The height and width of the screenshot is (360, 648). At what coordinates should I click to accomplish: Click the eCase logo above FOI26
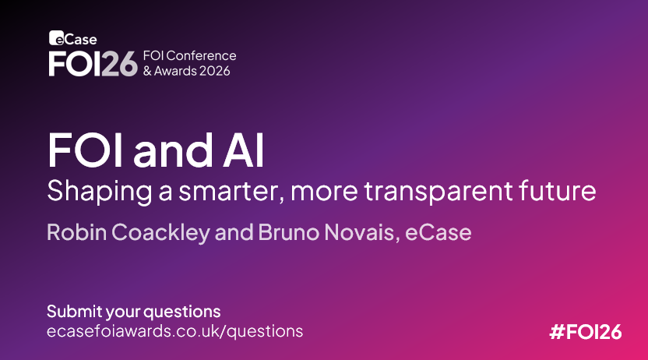point(73,38)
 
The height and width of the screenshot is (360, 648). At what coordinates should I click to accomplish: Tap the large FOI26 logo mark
point(93,64)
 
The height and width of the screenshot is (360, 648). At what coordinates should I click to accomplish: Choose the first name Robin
point(76,232)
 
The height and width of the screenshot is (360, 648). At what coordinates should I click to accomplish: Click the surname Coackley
point(160,233)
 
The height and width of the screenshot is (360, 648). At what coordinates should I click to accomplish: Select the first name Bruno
point(288,232)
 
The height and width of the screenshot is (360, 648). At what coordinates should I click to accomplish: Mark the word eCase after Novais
point(438,232)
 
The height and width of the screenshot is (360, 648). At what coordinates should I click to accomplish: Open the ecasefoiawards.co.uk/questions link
point(174,331)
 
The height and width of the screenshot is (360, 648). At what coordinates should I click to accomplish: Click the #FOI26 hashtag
point(586,332)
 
